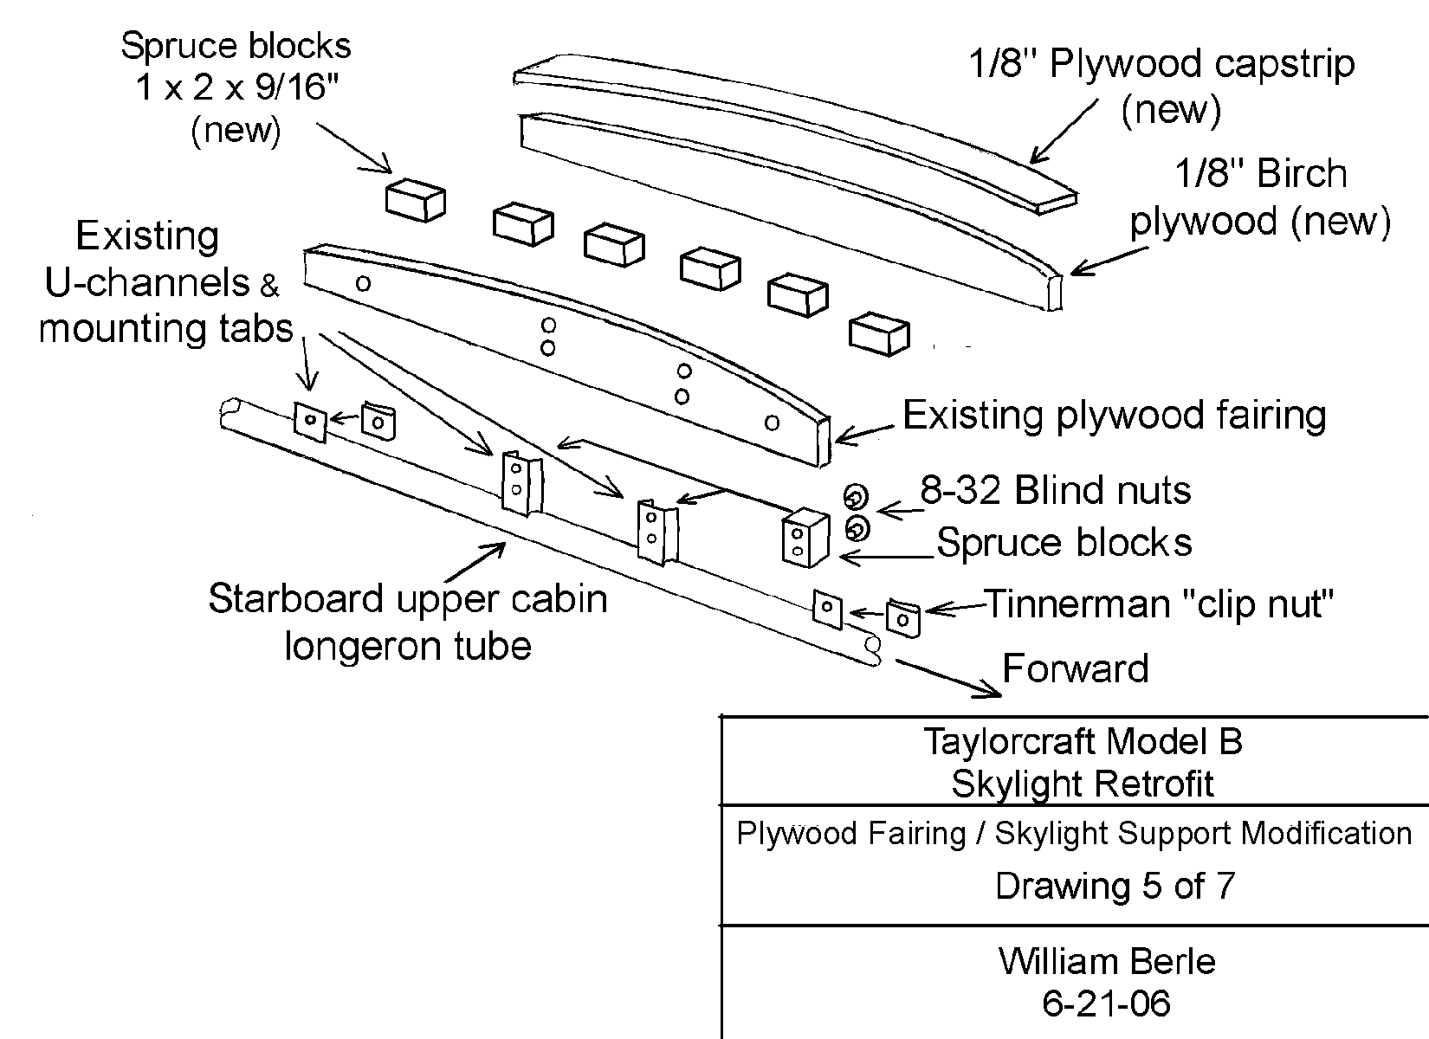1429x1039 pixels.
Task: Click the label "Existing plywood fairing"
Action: (1114, 416)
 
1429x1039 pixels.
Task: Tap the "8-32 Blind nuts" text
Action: (1055, 491)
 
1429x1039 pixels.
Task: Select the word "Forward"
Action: (1076, 669)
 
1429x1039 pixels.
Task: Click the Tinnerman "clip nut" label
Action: (1159, 603)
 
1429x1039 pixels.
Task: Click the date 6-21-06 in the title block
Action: (1107, 1003)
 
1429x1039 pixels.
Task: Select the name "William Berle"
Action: (1107, 961)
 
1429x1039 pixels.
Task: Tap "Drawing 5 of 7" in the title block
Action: (1115, 886)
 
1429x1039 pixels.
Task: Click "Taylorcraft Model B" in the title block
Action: (1082, 742)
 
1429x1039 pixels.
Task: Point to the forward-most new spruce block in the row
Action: (879, 335)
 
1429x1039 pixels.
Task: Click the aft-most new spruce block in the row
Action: (415, 200)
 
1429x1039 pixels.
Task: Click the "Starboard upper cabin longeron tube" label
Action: (407, 623)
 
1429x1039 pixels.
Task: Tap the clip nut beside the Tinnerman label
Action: (902, 618)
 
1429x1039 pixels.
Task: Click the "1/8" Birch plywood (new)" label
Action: (1260, 198)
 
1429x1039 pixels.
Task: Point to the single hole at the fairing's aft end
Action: (364, 283)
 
